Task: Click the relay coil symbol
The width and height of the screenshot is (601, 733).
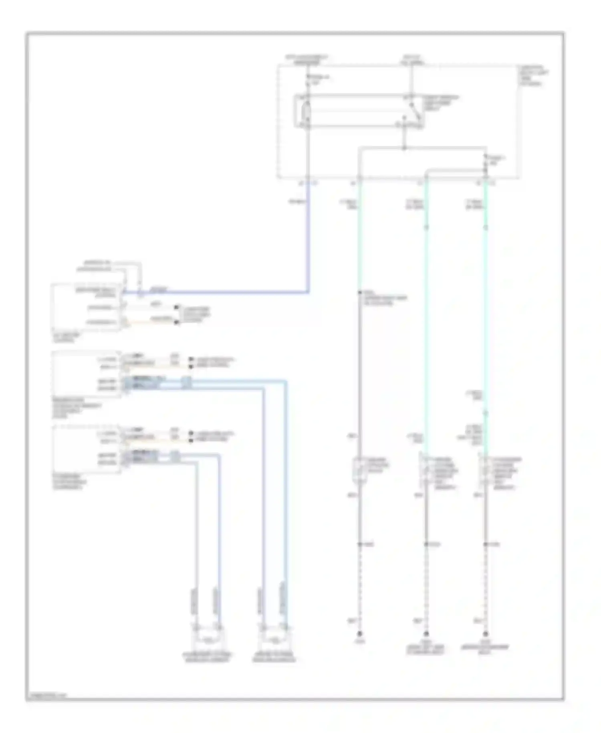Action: (307, 111)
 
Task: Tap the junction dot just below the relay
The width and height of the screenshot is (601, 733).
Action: (404, 148)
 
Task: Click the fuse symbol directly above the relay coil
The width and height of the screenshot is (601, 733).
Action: (307, 80)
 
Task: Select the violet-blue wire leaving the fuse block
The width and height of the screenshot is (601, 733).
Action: (308, 241)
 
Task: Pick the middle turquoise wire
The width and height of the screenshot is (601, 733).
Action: (426, 321)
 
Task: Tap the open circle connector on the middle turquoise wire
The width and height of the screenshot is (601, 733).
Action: (426, 227)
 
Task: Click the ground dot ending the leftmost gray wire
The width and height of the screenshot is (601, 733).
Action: (360, 634)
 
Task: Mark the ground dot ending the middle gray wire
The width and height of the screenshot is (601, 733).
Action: (426, 634)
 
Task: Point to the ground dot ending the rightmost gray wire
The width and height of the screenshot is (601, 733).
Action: (486, 634)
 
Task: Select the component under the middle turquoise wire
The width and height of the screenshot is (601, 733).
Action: (424, 471)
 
